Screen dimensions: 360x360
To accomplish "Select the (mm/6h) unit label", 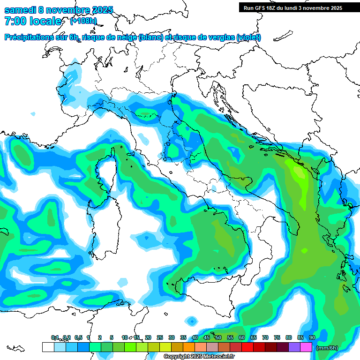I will pyautogui.click(x=327, y=348).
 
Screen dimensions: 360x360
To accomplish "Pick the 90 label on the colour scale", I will pyautogui.click(x=312, y=337).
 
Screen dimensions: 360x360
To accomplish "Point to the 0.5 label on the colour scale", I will pyautogui.click(x=78, y=337).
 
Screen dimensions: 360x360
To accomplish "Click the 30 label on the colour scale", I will pyautogui.click(x=172, y=337).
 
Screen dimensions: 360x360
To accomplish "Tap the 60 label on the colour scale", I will pyautogui.click(x=242, y=337).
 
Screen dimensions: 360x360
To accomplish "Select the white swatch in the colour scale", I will pyautogui.click(x=48, y=347).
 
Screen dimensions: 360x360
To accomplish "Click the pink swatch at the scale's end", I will pyautogui.click(x=306, y=347).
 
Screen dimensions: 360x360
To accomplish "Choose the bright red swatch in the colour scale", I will pyautogui.click(x=247, y=347).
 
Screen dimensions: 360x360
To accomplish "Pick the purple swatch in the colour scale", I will pyautogui.click(x=294, y=347).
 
